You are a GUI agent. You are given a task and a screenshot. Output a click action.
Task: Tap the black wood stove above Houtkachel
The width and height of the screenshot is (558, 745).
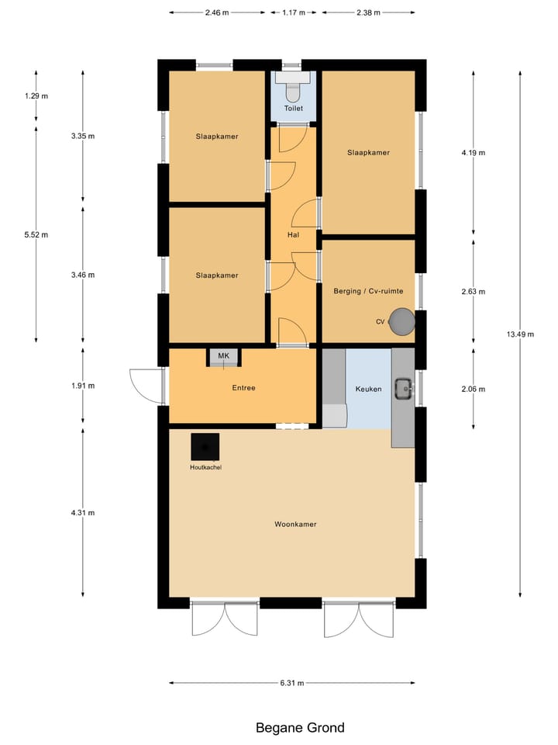click(x=205, y=447)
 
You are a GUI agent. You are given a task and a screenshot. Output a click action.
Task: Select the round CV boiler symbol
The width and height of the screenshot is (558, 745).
click(x=401, y=321)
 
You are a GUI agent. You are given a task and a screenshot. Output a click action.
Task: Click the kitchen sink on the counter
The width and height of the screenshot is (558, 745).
click(x=403, y=387)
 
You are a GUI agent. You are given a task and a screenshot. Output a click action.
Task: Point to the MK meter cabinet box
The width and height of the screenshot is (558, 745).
click(x=224, y=357)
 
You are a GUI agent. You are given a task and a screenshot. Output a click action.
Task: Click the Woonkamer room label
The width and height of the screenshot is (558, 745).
click(x=295, y=525)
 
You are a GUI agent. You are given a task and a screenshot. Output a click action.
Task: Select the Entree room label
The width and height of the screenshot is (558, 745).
click(x=243, y=388)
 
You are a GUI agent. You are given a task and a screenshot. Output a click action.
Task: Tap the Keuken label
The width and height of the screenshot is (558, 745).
click(x=368, y=389)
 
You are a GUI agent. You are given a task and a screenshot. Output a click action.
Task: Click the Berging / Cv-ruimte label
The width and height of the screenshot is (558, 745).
click(x=368, y=290)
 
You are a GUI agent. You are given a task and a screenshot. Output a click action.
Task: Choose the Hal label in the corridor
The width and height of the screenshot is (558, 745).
click(x=293, y=234)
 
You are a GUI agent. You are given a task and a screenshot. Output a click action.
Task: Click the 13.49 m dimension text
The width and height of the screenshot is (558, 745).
click(x=520, y=334)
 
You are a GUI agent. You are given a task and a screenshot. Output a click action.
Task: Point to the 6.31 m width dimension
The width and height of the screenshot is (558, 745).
click(x=292, y=683)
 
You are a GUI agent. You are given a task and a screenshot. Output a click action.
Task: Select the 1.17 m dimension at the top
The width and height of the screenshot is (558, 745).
click(x=293, y=13)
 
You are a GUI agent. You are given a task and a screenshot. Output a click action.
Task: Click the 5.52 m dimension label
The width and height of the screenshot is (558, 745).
click(x=36, y=234)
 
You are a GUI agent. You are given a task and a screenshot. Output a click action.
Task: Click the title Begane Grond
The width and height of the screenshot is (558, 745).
click(x=300, y=727)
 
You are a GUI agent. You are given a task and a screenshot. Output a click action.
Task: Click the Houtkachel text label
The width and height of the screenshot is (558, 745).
click(x=205, y=468)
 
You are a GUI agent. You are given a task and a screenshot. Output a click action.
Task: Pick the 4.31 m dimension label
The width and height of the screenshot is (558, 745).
click(x=82, y=512)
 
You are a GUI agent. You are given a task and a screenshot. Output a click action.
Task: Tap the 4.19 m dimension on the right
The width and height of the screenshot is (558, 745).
click(x=473, y=153)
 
